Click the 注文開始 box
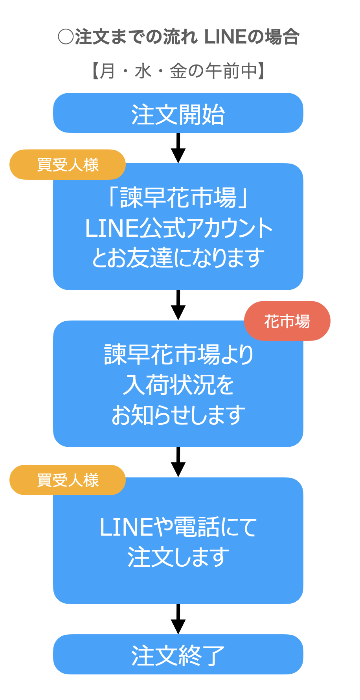pos(178,113)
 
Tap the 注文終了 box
pos(178,654)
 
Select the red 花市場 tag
pos(287,321)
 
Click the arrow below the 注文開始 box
pos(178,148)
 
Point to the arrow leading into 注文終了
pos(178,619)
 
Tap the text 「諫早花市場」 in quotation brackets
pos(178,197)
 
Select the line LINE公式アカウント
pos(178,228)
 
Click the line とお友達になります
pos(178,258)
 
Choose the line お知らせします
pos(178,415)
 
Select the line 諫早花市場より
pos(178,355)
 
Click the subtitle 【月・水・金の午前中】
pos(178,72)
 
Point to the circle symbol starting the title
pos(66,37)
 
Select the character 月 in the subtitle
pos(107,72)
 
